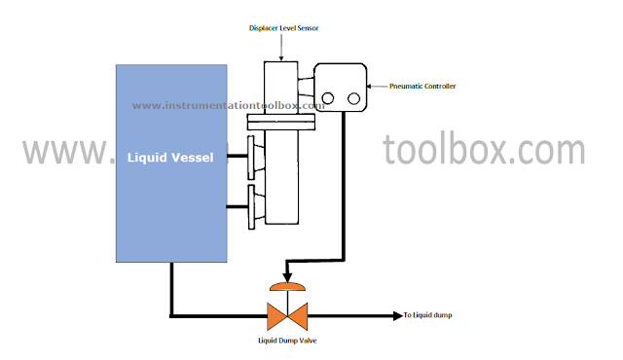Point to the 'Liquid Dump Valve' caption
click(x=287, y=340)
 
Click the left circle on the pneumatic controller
click(x=329, y=98)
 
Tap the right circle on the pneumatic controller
click(x=351, y=98)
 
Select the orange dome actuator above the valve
click(x=287, y=287)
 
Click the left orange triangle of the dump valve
click(x=276, y=315)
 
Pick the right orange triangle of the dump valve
click(x=298, y=315)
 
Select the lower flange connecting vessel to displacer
click(x=252, y=205)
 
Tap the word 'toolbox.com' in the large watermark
click(x=483, y=151)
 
